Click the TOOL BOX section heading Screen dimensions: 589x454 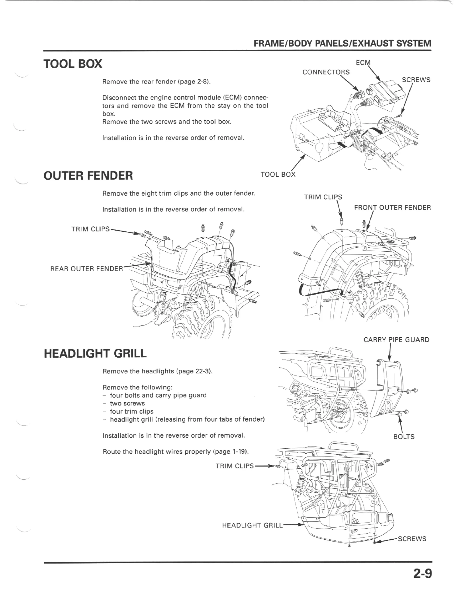click(73, 64)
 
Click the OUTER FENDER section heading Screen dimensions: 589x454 click(88, 176)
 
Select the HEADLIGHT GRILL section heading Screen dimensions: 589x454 click(95, 353)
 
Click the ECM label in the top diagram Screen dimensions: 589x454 click(363, 63)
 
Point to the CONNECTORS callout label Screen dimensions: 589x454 click(326, 72)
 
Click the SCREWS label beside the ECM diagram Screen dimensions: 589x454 click(416, 80)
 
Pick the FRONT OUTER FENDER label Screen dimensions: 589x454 click(392, 207)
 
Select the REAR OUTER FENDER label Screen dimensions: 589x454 click(87, 269)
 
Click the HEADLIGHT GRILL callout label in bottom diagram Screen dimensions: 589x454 click(252, 525)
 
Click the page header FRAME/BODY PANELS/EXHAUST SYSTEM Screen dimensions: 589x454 click(342, 43)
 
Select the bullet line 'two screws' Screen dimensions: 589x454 click(127, 403)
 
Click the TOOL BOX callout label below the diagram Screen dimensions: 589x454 click(278, 174)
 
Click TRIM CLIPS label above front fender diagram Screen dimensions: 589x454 click(323, 197)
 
